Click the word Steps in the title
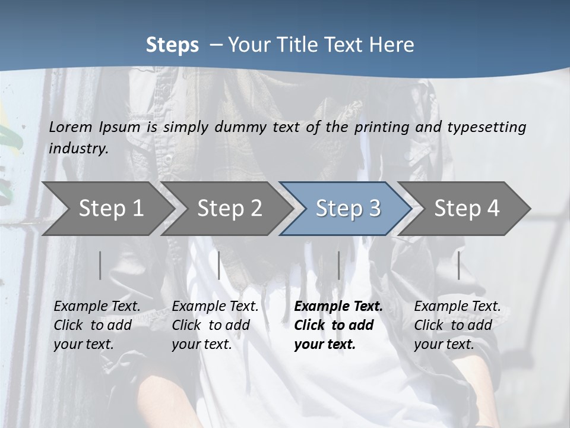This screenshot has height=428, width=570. (172, 45)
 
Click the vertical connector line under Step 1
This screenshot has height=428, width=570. (100, 265)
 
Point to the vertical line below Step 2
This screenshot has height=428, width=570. (219, 265)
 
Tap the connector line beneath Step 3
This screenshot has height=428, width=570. (338, 265)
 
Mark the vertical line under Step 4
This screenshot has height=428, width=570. (458, 265)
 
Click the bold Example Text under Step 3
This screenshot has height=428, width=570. (338, 325)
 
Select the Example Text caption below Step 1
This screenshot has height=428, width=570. (97, 325)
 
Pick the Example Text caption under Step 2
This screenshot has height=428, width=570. (215, 325)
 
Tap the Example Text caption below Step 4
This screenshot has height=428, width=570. (457, 325)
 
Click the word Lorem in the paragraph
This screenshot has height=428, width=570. (71, 127)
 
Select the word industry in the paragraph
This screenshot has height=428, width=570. (78, 148)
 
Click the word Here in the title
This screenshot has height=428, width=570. (392, 45)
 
